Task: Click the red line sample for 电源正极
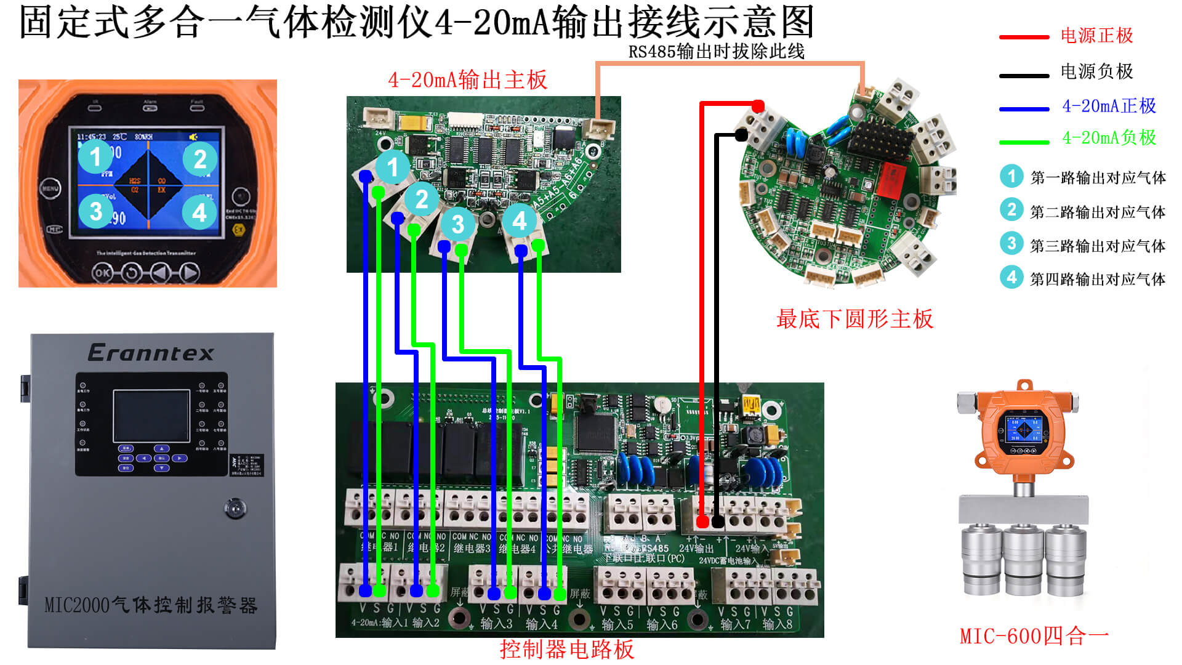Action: [1024, 38]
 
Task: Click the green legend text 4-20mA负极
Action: [1109, 138]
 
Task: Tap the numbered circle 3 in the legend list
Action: [1011, 244]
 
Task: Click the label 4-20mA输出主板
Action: [467, 80]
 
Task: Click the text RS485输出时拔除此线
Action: [716, 52]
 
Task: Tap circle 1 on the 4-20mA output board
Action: [392, 167]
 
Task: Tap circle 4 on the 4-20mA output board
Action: [519, 220]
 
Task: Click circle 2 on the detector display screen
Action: [200, 159]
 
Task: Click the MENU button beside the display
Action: [50, 188]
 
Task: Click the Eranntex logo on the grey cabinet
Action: [151, 353]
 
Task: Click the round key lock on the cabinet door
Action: [235, 509]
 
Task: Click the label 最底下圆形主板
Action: [854, 319]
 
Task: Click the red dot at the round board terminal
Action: [758, 107]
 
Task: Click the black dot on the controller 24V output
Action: [718, 522]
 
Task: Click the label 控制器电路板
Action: [566, 649]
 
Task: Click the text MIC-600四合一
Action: [1034, 636]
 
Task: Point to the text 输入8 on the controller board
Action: [778, 624]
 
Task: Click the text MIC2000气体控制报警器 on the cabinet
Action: [151, 605]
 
